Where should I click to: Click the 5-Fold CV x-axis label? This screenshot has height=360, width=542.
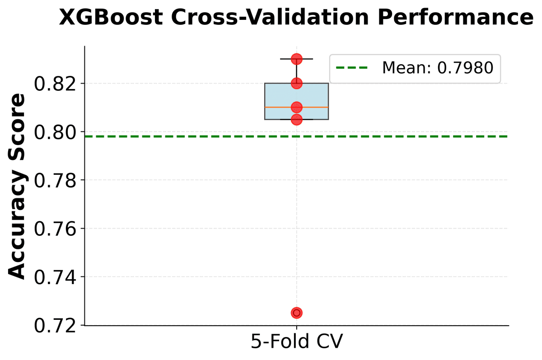[x=296, y=342]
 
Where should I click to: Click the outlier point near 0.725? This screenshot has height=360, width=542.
[x=297, y=313]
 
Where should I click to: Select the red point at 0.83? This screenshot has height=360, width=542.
[x=297, y=59]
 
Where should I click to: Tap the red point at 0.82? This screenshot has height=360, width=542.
[x=297, y=83]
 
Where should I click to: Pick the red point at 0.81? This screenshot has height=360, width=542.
[x=297, y=107]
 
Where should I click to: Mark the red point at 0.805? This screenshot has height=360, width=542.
[x=297, y=119]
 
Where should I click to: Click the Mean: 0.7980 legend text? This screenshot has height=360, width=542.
[x=437, y=69]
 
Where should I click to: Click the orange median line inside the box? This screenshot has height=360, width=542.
[x=316, y=107]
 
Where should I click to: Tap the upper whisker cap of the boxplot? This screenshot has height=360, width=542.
[x=307, y=59]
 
